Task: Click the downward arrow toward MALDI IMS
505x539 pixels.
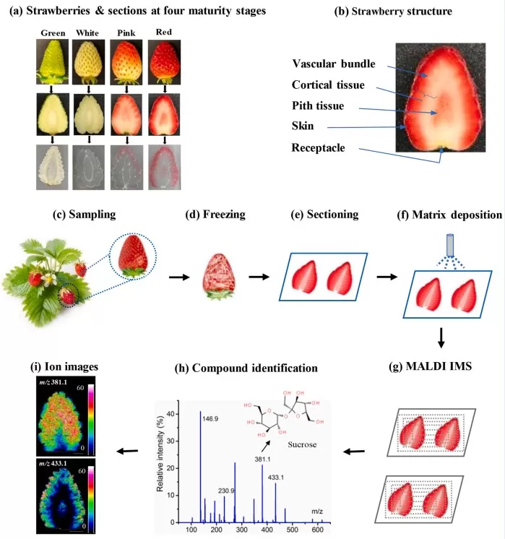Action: click(441, 337)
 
